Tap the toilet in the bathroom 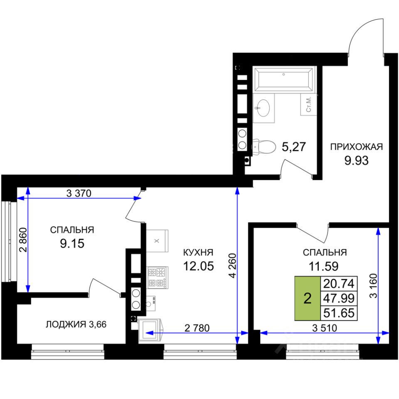(x=264, y=147)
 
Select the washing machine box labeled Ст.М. (x=309, y=104)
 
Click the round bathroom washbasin (x=263, y=108)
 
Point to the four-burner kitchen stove (x=158, y=277)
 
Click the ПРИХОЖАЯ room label (x=356, y=147)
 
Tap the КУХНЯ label (x=198, y=252)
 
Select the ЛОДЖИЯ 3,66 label (x=76, y=325)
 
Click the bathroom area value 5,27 (x=294, y=147)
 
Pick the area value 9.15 (x=72, y=244)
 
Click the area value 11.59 (x=323, y=266)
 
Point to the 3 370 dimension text (x=79, y=193)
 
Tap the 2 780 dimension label (x=197, y=328)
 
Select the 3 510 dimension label (x=325, y=328)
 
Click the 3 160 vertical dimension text (x=373, y=286)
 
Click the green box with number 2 (x=308, y=298)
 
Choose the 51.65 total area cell (x=339, y=313)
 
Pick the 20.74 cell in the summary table (x=339, y=283)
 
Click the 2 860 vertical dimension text (x=23, y=240)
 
